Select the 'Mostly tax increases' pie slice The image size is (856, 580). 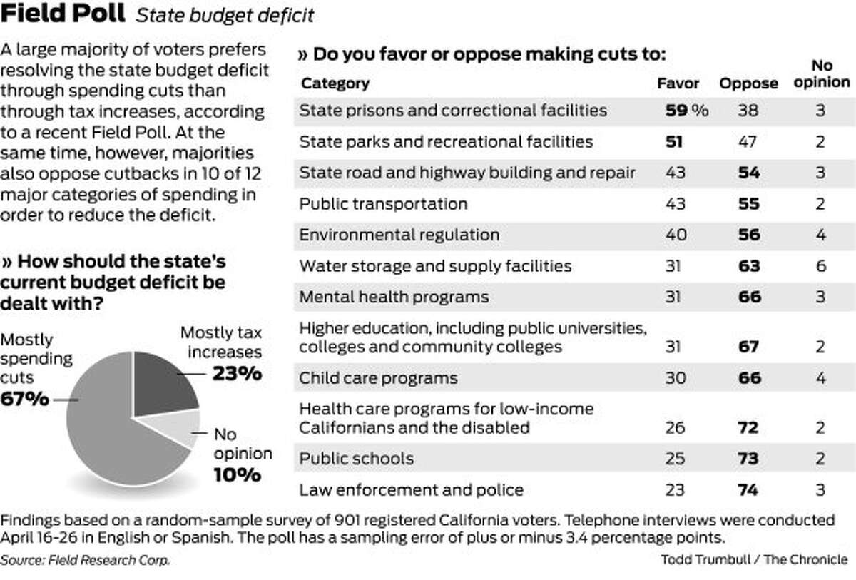pyautogui.click(x=165, y=385)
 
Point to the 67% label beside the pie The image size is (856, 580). pyautogui.click(x=25, y=399)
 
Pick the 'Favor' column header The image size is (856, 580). pyautogui.click(x=678, y=83)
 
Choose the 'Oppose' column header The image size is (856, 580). pyautogui.click(x=748, y=83)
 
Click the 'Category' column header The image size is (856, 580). pyautogui.click(x=335, y=83)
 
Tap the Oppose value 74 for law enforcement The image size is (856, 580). pyautogui.click(x=749, y=490)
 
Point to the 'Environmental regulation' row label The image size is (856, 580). pyautogui.click(x=399, y=235)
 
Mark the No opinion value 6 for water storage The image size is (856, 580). pyautogui.click(x=821, y=266)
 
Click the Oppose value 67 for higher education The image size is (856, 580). pyautogui.click(x=749, y=347)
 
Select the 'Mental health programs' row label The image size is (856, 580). pyautogui.click(x=394, y=297)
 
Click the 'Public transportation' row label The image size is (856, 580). pyautogui.click(x=383, y=204)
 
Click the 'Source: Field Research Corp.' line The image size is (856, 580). pyautogui.click(x=86, y=560)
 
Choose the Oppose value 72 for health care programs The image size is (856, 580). pyautogui.click(x=749, y=428)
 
